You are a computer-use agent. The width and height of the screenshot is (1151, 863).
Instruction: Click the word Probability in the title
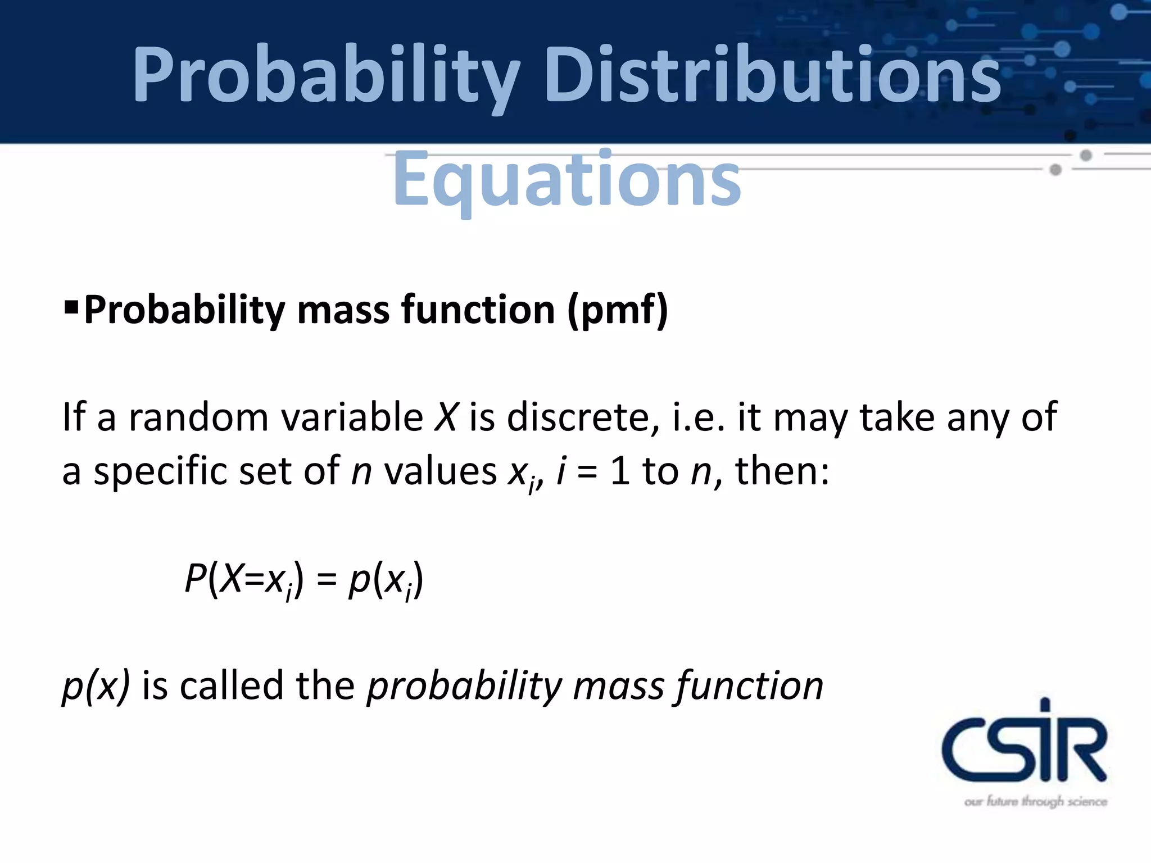pos(326,76)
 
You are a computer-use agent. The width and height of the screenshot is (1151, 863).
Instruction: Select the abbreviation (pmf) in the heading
pos(618,310)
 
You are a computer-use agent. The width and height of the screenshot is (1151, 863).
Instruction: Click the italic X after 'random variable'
pos(446,417)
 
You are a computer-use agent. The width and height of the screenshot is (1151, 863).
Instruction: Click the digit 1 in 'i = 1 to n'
pos(619,471)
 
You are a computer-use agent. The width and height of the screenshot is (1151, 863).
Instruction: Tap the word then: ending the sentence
pos(782,471)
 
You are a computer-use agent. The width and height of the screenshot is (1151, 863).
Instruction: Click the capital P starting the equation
pos(195,578)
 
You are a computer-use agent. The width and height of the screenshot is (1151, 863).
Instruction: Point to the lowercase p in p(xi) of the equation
pos(358,581)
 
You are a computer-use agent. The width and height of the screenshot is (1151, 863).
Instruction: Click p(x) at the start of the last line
pos(96,687)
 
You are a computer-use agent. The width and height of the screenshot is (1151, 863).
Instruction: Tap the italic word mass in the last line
pos(619,687)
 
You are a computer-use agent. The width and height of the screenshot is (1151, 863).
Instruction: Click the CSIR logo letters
pos(1024,744)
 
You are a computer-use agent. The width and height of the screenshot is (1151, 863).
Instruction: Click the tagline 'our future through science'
pos(1035,802)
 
